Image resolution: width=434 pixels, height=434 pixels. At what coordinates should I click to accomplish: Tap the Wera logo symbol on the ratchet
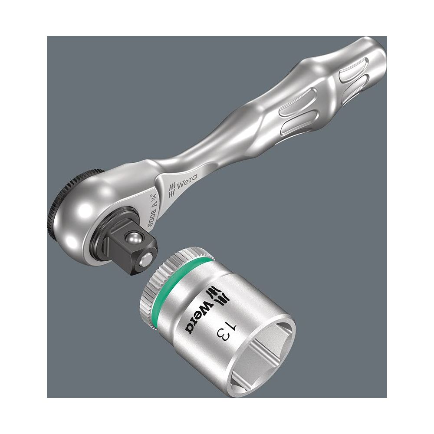172,190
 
